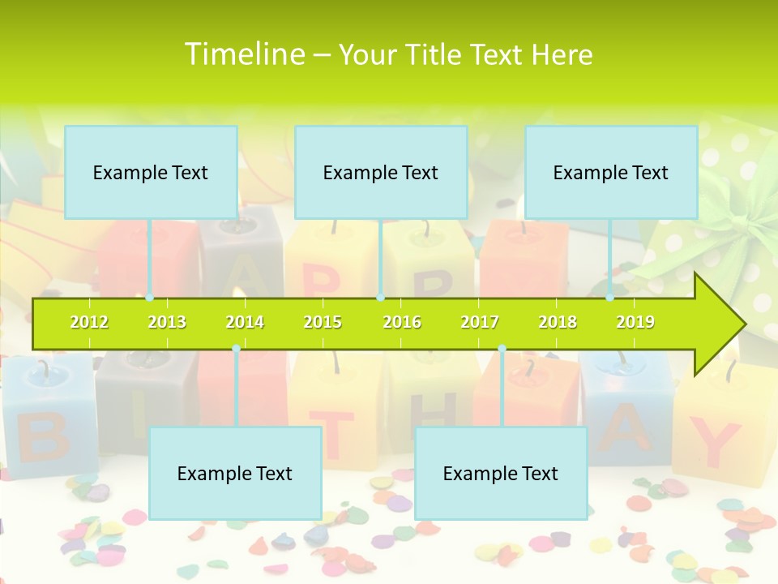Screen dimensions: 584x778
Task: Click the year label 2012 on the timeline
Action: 89,323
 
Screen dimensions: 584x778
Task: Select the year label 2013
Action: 167,323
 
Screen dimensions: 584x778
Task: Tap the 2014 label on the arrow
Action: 245,323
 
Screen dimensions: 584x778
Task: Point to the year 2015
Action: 323,323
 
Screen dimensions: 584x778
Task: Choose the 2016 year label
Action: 402,323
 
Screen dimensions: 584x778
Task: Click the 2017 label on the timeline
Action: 480,323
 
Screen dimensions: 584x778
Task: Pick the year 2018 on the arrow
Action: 558,323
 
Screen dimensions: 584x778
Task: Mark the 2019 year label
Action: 635,323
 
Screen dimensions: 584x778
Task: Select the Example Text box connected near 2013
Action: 151,173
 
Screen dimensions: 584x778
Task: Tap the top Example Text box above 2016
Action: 381,173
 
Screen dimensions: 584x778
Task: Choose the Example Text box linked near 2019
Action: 611,173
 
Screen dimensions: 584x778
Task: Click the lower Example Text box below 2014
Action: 235,474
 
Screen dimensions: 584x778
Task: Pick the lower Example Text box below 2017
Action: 501,474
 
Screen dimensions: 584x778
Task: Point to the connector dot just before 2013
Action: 150,298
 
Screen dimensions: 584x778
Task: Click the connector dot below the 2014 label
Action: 236,349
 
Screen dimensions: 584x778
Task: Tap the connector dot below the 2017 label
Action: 502,349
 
